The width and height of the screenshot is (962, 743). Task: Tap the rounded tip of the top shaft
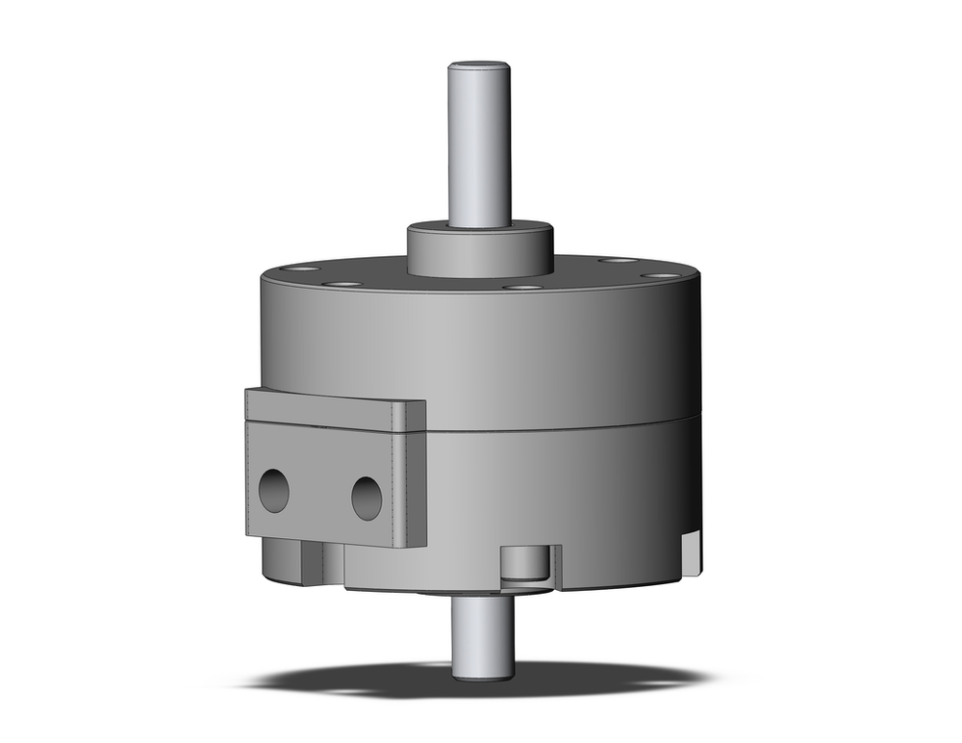(x=479, y=66)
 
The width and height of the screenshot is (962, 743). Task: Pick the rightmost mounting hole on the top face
(x=659, y=275)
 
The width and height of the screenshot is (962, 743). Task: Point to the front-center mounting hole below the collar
(x=521, y=287)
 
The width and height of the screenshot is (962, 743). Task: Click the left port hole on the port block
(x=274, y=491)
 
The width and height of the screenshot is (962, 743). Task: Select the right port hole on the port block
(x=367, y=498)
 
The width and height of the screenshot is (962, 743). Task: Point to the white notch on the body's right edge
(x=691, y=552)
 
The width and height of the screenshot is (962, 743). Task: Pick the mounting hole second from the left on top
(x=342, y=284)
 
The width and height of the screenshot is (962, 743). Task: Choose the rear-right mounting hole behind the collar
(x=617, y=260)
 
